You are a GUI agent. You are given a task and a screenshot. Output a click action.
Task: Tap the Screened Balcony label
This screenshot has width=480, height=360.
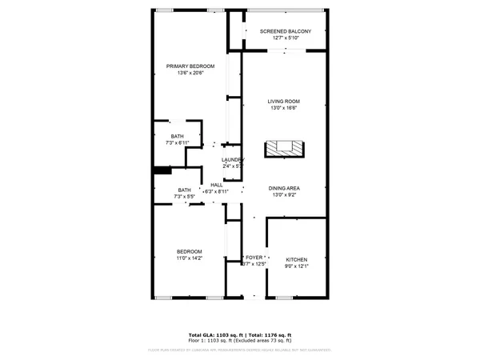tap(284, 31)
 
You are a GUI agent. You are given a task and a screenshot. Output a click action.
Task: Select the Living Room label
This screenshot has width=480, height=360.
tap(283, 101)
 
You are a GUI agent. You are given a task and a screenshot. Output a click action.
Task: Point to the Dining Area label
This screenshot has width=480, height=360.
tap(283, 188)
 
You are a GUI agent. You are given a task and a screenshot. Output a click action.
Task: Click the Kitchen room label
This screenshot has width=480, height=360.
tap(296, 260)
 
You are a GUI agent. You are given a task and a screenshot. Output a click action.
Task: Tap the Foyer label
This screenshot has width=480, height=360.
tap(255, 258)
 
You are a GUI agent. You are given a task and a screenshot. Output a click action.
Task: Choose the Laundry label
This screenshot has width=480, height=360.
tap(232, 160)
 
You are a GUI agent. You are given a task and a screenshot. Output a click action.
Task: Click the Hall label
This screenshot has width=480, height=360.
tap(216, 186)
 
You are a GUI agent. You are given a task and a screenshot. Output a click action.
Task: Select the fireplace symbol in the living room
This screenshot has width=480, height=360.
tap(285, 148)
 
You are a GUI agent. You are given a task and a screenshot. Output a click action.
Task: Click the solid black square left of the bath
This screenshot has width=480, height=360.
tap(163, 170)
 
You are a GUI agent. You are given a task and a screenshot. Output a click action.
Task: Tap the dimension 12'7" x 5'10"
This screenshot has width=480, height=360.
tap(284, 38)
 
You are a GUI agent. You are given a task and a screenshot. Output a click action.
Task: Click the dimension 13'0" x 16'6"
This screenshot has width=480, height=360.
tap(283, 108)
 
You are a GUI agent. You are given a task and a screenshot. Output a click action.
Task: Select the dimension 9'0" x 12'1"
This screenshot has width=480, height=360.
tap(296, 267)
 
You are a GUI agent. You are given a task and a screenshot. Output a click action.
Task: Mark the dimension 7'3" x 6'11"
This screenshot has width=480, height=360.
tap(178, 142)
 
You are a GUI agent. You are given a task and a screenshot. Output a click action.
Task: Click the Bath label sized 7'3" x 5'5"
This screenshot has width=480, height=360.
tap(185, 190)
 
